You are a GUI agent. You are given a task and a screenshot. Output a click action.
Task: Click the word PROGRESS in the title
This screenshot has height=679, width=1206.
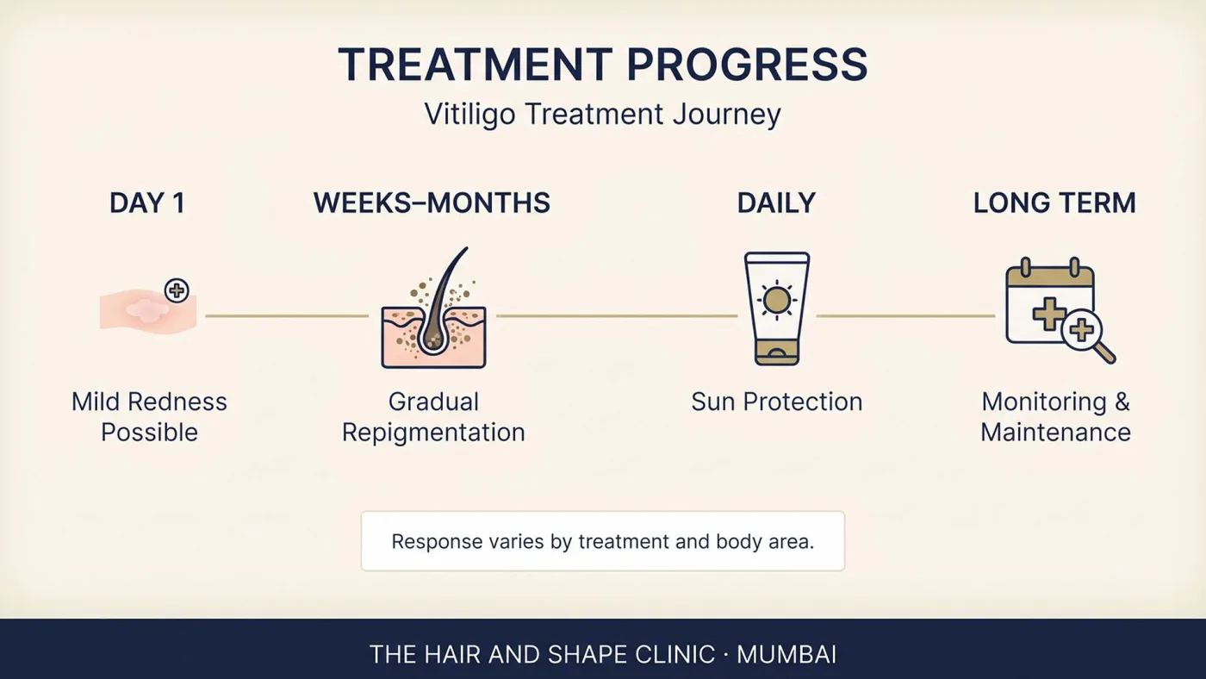pyautogui.click(x=747, y=65)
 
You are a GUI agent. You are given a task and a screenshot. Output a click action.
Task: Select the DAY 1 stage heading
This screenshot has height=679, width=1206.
pyautogui.click(x=147, y=203)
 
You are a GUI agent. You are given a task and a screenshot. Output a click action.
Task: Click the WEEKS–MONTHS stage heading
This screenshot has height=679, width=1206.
pyautogui.click(x=432, y=203)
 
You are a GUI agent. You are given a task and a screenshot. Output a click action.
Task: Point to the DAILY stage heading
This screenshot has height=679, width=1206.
pyautogui.click(x=776, y=203)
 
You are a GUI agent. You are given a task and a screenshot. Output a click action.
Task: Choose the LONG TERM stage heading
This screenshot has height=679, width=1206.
pyautogui.click(x=1054, y=203)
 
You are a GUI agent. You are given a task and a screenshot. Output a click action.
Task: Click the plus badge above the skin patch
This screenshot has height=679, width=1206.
pyautogui.click(x=177, y=290)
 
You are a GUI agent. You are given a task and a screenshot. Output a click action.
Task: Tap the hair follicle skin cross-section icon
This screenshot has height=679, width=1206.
pyautogui.click(x=433, y=308)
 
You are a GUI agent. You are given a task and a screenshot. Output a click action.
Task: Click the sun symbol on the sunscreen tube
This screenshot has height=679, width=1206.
pyautogui.click(x=776, y=300)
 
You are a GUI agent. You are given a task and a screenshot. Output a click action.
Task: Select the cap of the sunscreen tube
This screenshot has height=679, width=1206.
pyautogui.click(x=777, y=352)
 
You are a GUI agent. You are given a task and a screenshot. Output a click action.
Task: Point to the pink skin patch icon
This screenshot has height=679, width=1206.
pyautogui.click(x=148, y=311)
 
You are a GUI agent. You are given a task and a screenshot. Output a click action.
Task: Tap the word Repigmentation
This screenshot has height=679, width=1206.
pyautogui.click(x=433, y=433)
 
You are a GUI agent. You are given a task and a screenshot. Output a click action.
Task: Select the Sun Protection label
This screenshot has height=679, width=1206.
pyautogui.click(x=776, y=402)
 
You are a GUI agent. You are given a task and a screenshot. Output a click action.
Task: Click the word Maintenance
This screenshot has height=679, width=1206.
pyautogui.click(x=1055, y=433)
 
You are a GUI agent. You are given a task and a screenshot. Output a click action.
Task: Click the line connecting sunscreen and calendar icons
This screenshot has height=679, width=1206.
pyautogui.click(x=905, y=316)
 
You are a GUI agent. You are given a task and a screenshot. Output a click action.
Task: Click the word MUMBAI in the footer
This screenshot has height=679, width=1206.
pyautogui.click(x=786, y=655)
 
